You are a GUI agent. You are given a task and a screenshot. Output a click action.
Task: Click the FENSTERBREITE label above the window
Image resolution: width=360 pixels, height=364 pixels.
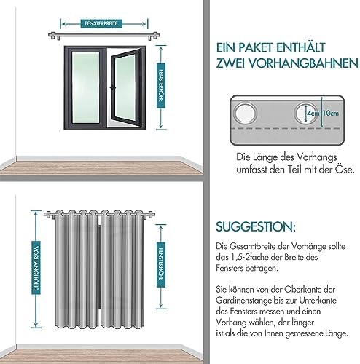[101, 23]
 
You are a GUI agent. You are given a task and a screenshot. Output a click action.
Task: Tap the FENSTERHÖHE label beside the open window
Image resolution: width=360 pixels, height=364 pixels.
[161, 86]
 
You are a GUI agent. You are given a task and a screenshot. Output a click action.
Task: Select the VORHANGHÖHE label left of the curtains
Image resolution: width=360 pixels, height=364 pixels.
[36, 268]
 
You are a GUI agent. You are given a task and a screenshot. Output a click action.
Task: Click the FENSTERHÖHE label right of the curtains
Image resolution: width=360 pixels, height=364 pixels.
[161, 265]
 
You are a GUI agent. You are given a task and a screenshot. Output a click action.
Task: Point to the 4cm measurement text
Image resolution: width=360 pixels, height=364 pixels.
[313, 114]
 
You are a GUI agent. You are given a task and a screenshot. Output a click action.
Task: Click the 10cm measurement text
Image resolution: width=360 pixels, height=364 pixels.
[330, 113]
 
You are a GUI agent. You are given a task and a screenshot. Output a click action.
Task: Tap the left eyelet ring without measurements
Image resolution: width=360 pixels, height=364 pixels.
[245, 114]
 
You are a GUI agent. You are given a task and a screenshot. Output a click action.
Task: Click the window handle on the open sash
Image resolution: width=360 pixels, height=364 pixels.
[112, 87]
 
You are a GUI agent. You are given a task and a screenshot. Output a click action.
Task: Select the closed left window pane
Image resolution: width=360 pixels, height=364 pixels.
[85, 87]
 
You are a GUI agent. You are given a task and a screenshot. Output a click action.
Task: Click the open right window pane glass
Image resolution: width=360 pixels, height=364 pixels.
[125, 87]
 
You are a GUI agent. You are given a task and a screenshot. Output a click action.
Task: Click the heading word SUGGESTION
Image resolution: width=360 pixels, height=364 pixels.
[256, 226]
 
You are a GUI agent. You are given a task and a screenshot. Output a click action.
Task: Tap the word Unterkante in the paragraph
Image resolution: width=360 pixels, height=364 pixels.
[318, 301]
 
